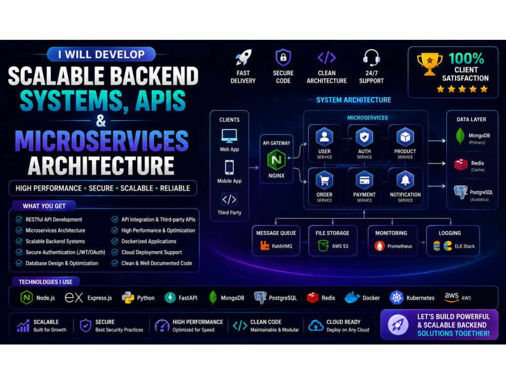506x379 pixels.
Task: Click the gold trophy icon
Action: pyautogui.click(x=430, y=64)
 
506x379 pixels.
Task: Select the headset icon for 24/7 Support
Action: pyautogui.click(x=371, y=58)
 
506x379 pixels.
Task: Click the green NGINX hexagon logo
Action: pyautogui.click(x=276, y=160)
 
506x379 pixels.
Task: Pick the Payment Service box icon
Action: pyautogui.click(x=364, y=180)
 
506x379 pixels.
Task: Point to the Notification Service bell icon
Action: pyautogui.click(x=405, y=180)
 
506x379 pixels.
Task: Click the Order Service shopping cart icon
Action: pyautogui.click(x=324, y=180)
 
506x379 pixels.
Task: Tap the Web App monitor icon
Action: pyautogui.click(x=229, y=136)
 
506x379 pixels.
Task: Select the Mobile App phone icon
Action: pyautogui.click(x=229, y=168)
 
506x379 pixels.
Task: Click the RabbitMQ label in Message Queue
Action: pyautogui.click(x=282, y=246)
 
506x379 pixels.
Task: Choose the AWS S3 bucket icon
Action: pyautogui.click(x=323, y=246)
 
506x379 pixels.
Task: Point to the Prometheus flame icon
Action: pyautogui.click(x=379, y=246)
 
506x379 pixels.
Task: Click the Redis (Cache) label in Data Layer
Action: pyautogui.click(x=478, y=166)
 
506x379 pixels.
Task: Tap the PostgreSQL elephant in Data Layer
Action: pyautogui.click(x=460, y=192)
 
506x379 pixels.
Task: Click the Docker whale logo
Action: pyautogui.click(x=352, y=298)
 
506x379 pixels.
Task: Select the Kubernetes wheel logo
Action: pyautogui.click(x=397, y=298)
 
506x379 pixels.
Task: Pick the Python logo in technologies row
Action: pyautogui.click(x=128, y=298)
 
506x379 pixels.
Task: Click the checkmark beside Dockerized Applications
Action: pyautogui.click(x=115, y=241)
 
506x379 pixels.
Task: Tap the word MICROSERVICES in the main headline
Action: pyautogui.click(x=102, y=141)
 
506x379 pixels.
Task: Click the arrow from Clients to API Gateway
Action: pyautogui.click(x=254, y=168)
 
